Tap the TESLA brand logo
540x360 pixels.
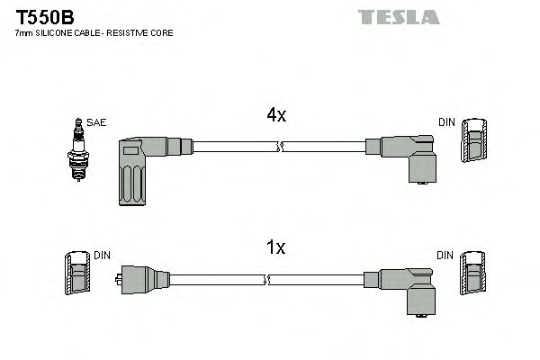pos(398,16)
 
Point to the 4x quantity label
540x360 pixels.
pos(275,115)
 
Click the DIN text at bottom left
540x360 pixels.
pos(101,256)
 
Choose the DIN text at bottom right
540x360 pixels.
pos(445,256)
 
